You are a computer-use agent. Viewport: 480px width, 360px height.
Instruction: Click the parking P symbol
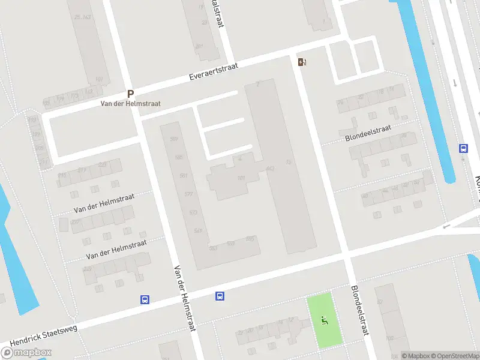(x=130, y=94)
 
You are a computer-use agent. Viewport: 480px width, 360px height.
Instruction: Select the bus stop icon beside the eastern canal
(x=463, y=149)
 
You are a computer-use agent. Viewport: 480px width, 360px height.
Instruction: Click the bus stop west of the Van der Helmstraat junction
(x=145, y=299)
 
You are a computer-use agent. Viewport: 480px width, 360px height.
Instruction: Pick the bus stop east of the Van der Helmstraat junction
(x=220, y=296)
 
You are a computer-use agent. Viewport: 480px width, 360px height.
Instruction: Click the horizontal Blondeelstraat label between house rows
(x=368, y=133)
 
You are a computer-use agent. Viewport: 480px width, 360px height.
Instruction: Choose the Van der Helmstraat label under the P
(x=130, y=104)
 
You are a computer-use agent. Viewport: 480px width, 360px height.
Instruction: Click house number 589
(x=175, y=139)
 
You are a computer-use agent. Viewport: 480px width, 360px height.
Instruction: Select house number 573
(x=193, y=212)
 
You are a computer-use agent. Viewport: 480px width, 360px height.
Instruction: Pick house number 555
(x=250, y=239)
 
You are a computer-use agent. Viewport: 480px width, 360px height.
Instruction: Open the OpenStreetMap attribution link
(x=454, y=356)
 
